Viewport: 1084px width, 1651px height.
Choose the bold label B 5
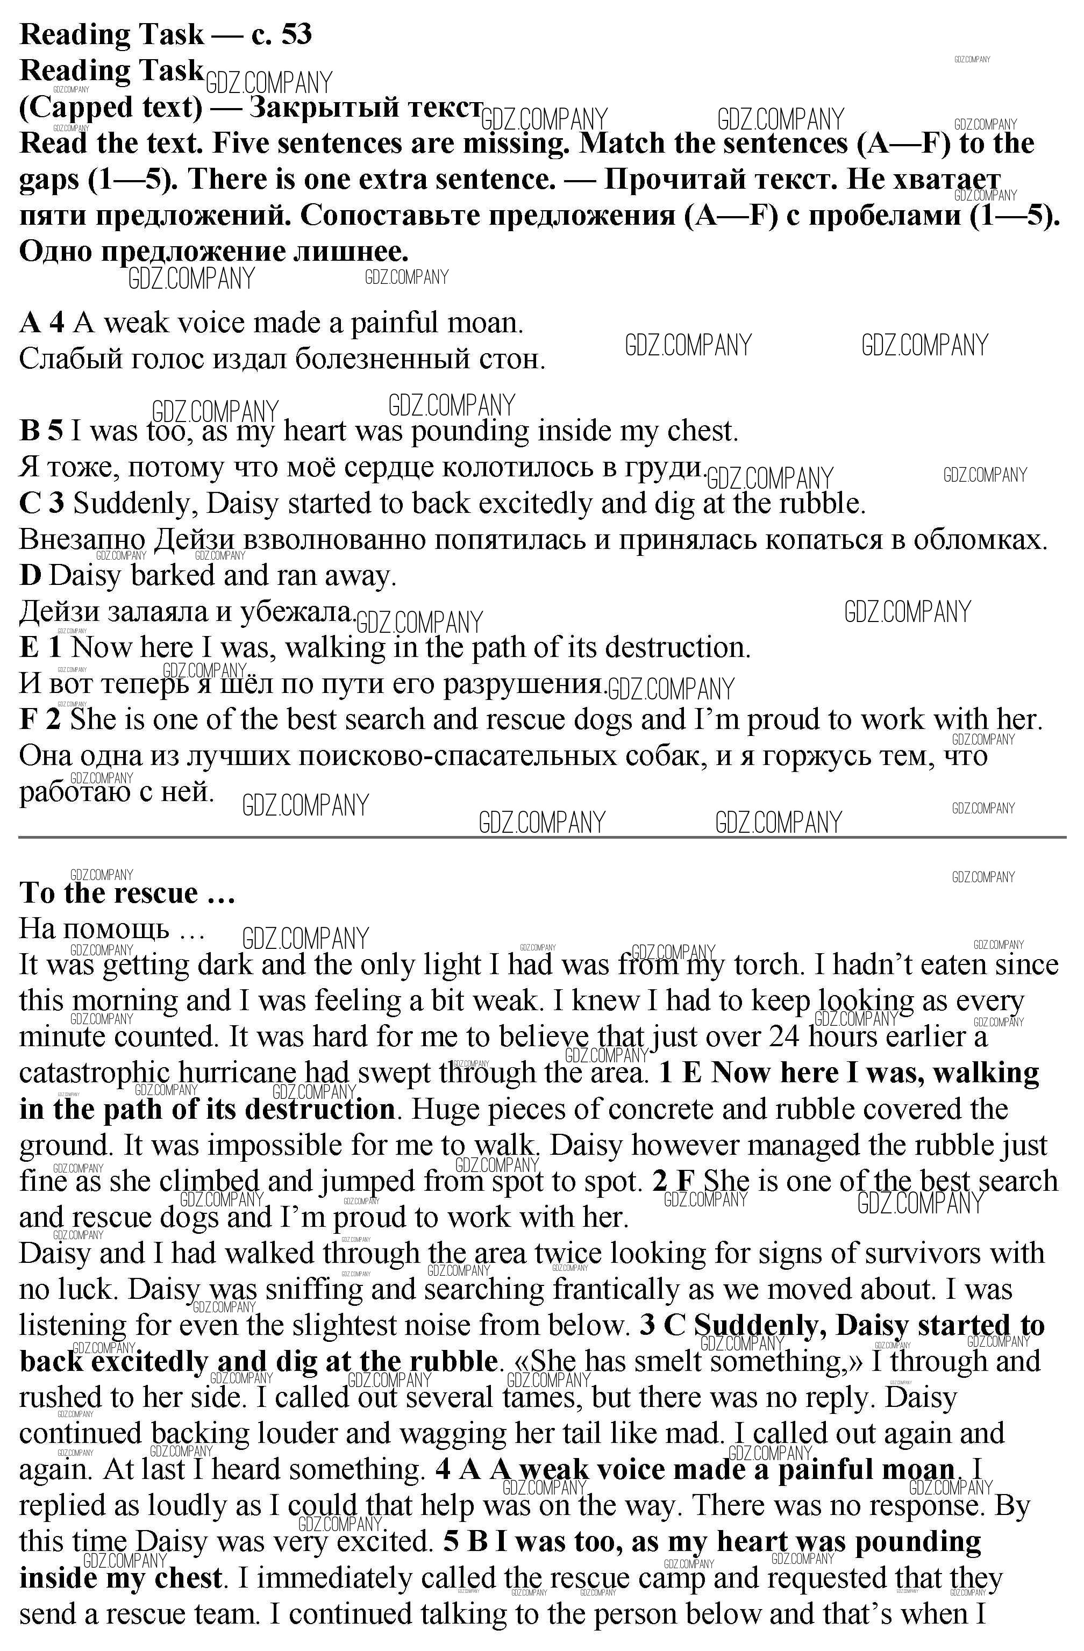click(x=41, y=432)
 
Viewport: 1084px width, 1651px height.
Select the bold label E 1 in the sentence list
click(x=41, y=648)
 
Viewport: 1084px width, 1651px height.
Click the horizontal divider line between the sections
click(x=541, y=837)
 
